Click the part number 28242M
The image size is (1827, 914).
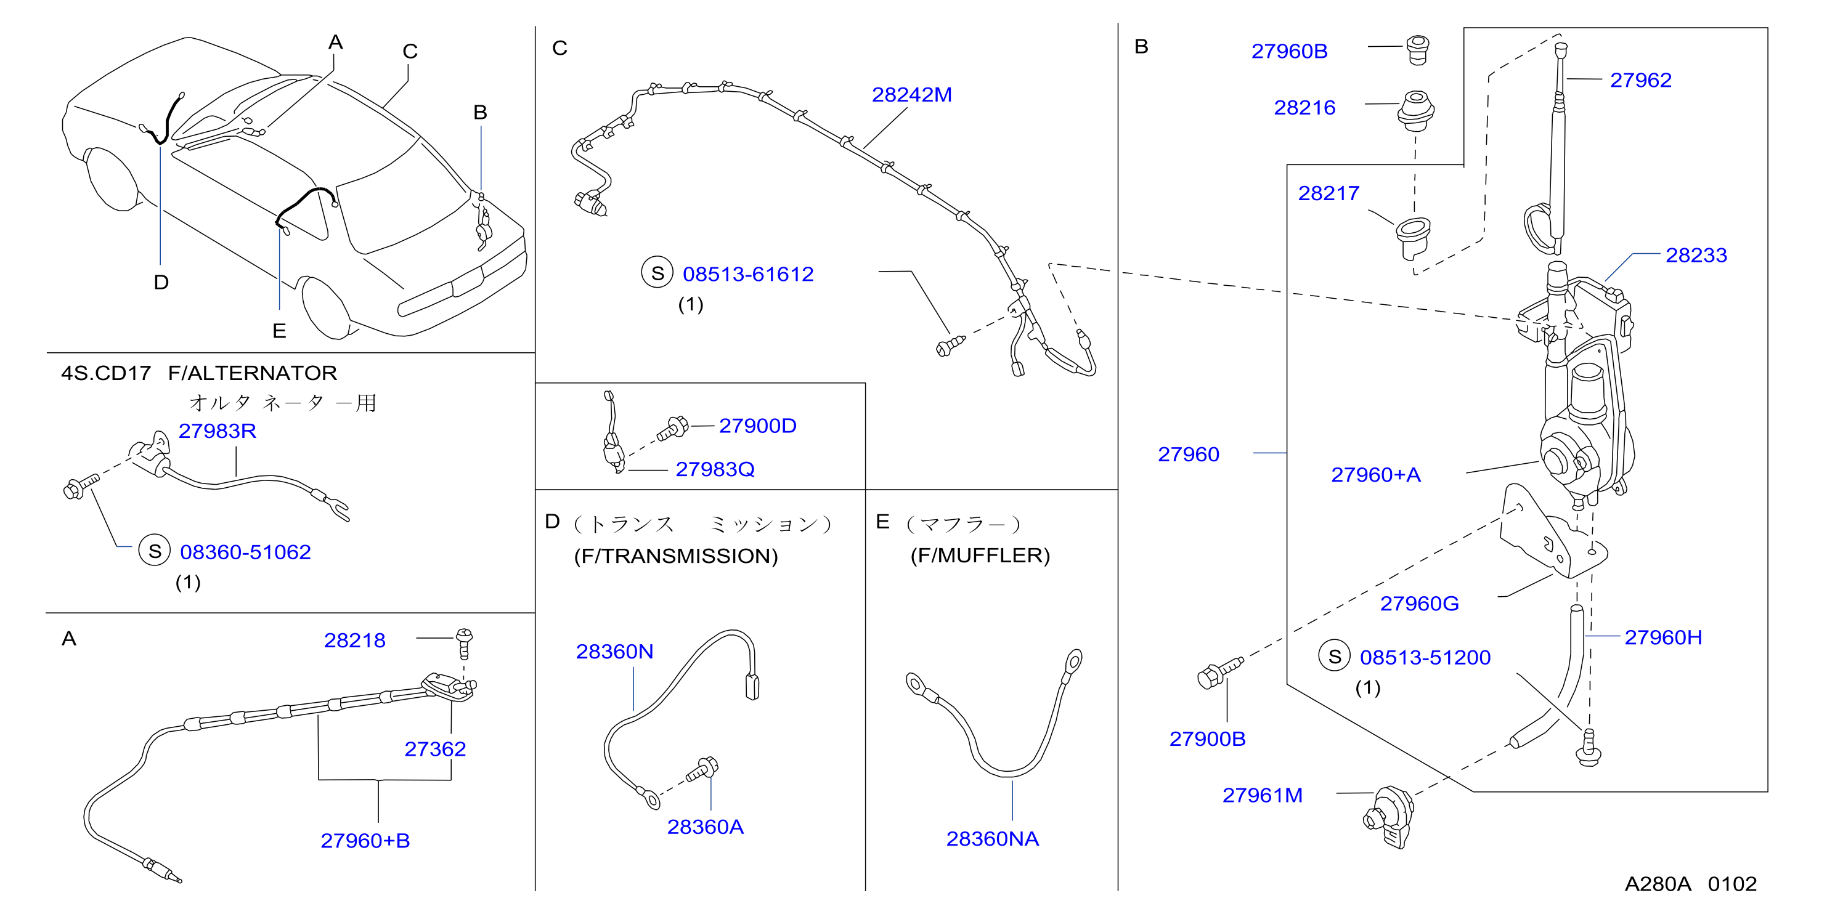tap(911, 94)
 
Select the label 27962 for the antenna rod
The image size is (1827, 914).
tap(1640, 80)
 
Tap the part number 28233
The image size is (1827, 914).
tap(1696, 255)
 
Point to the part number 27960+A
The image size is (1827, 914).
tap(1375, 475)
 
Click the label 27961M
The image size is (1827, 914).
tap(1263, 796)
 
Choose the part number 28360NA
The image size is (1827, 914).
tap(992, 839)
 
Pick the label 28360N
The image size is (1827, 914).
tap(614, 652)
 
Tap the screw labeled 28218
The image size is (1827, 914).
tap(465, 642)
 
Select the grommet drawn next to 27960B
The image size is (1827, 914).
tap(1418, 50)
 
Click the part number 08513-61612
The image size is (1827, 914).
tap(747, 275)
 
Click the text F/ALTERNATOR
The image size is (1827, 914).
tap(253, 373)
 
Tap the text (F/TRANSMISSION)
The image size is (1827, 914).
tap(676, 556)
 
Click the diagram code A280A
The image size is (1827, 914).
tap(1658, 884)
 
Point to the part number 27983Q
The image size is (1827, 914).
tap(715, 469)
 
